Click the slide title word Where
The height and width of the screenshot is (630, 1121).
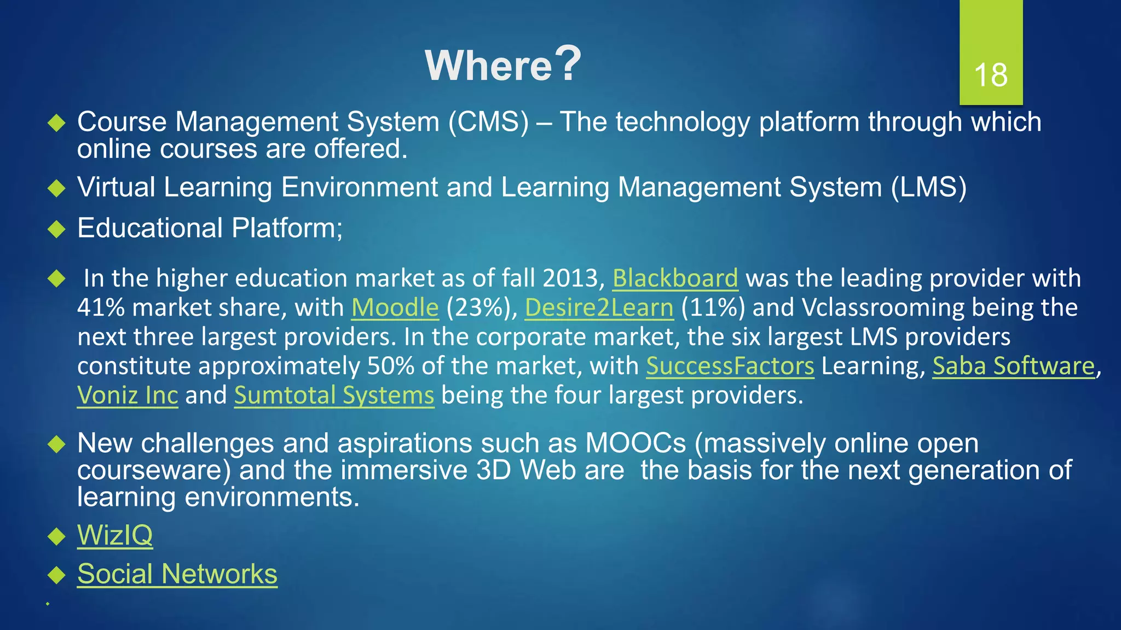pyautogui.click(x=489, y=66)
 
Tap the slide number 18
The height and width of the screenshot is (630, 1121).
pyautogui.click(x=991, y=75)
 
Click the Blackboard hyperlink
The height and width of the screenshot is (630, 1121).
pyautogui.click(x=675, y=278)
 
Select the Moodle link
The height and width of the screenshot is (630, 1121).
pyautogui.click(x=395, y=307)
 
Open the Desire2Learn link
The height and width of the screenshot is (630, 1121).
pyautogui.click(x=599, y=307)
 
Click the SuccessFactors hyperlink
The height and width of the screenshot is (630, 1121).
pyautogui.click(x=730, y=366)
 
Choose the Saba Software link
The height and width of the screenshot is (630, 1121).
pyautogui.click(x=1013, y=366)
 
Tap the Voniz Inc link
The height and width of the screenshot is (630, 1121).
pyautogui.click(x=128, y=395)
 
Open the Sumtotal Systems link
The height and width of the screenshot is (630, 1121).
pyautogui.click(x=334, y=395)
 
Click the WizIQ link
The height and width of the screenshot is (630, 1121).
pyautogui.click(x=115, y=535)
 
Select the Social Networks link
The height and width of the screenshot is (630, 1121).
pyautogui.click(x=177, y=574)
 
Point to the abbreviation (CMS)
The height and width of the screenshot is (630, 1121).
pyautogui.click(x=488, y=121)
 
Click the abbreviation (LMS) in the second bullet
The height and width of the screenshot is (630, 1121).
pyautogui.click(x=928, y=187)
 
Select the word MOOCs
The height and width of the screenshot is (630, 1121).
pyautogui.click(x=635, y=443)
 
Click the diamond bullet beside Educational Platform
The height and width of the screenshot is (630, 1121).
pyautogui.click(x=56, y=229)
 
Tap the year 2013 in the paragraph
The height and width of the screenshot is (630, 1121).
pyautogui.click(x=573, y=278)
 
